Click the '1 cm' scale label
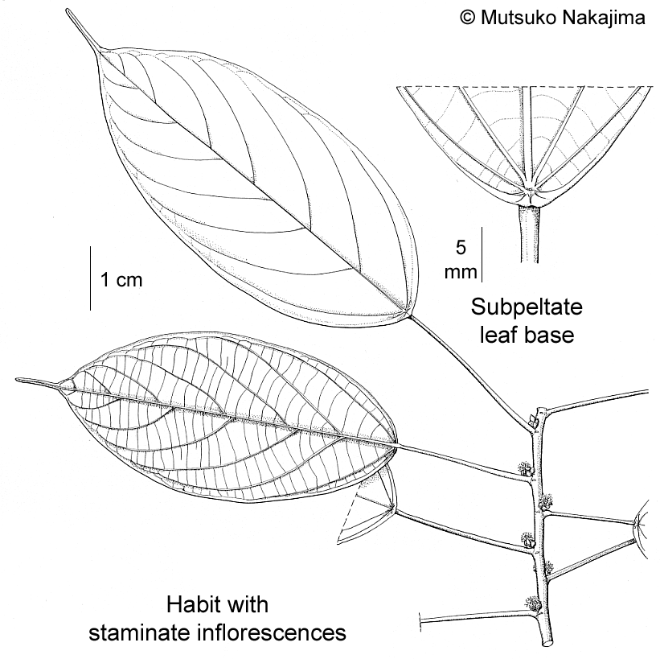coord(121,280)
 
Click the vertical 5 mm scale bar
coord(481,254)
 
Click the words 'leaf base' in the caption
coord(527,335)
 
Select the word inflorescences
coord(276,632)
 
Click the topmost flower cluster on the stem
coord(527,468)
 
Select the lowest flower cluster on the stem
coord(531,602)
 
